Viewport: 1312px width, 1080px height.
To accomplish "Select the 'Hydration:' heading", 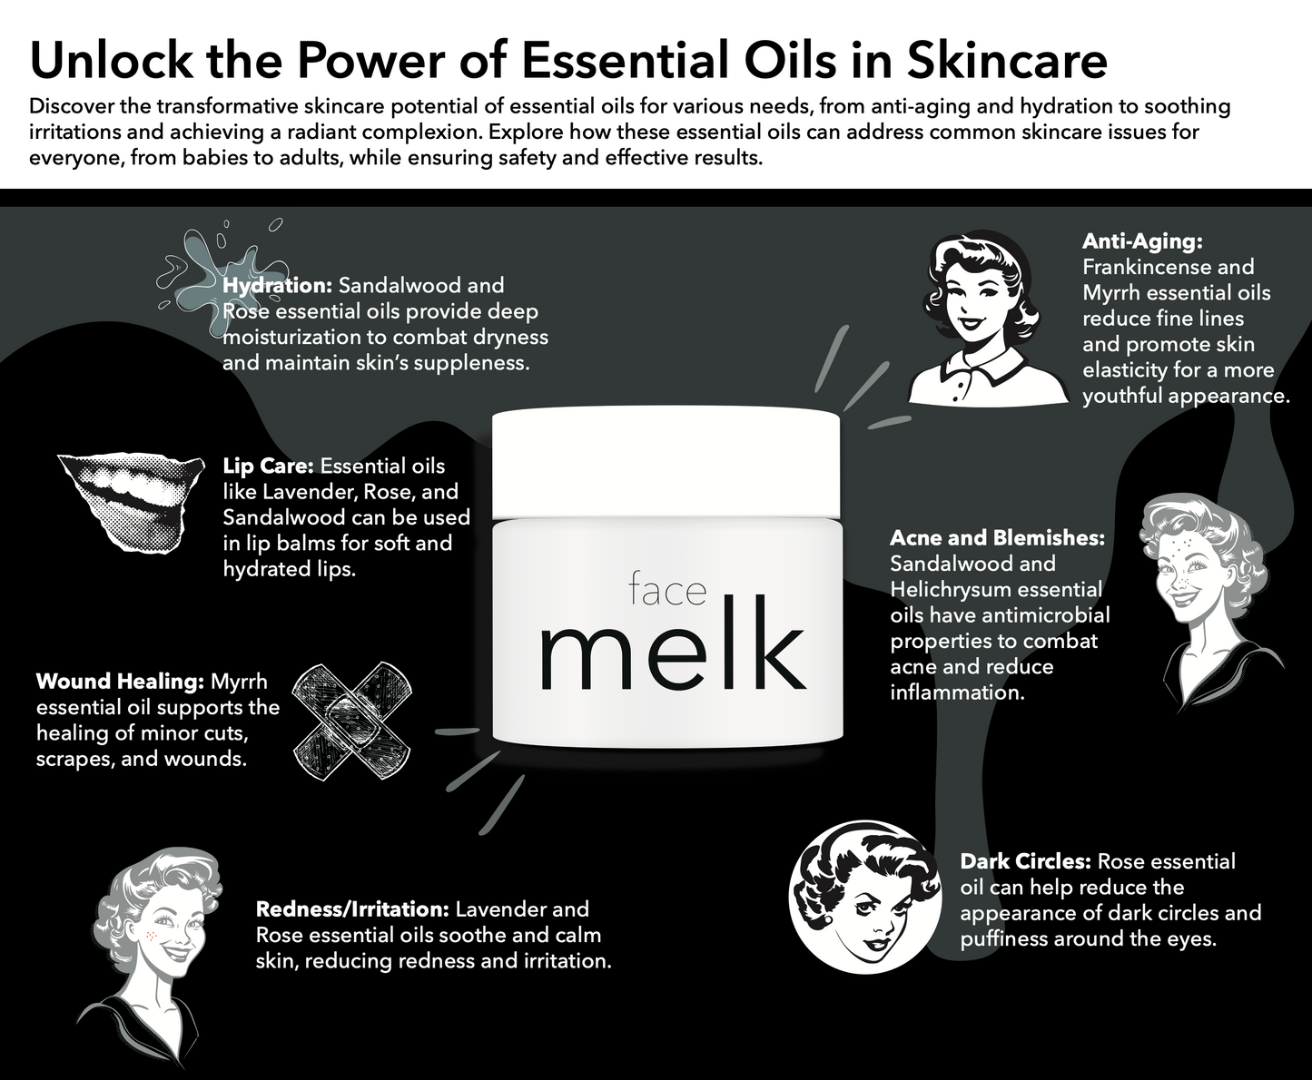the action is click(277, 285).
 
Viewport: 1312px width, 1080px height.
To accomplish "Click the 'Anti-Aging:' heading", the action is click(1142, 241).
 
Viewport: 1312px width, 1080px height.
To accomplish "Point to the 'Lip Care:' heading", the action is click(269, 466).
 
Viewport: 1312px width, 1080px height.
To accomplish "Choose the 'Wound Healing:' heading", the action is click(120, 681).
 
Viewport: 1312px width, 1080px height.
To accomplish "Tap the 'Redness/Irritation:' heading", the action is click(352, 908).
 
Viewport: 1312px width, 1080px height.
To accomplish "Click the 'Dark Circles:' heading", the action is click(1025, 860).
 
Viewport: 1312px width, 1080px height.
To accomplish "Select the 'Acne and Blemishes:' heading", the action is click(997, 538).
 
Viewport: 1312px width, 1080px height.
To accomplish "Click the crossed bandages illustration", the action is click(352, 721).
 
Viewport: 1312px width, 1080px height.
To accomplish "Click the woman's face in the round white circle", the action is click(866, 898).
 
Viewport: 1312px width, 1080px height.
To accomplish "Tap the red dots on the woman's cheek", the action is click(151, 936).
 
